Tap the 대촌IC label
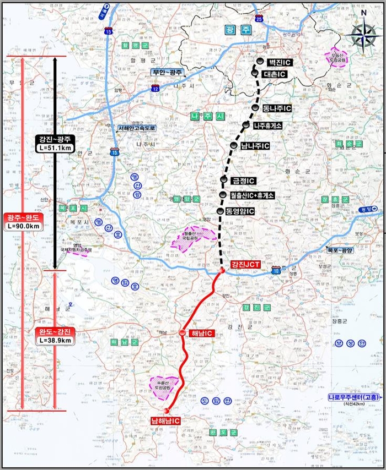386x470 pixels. [x=274, y=74]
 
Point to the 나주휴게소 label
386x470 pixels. [x=268, y=125]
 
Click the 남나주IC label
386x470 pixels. [x=255, y=146]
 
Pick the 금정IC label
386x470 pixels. [x=243, y=181]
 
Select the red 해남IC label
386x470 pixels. [x=201, y=333]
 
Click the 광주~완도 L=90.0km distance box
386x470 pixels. [x=20, y=221]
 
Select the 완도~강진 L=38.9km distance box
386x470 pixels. [x=55, y=336]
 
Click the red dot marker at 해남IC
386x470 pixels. [x=182, y=332]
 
